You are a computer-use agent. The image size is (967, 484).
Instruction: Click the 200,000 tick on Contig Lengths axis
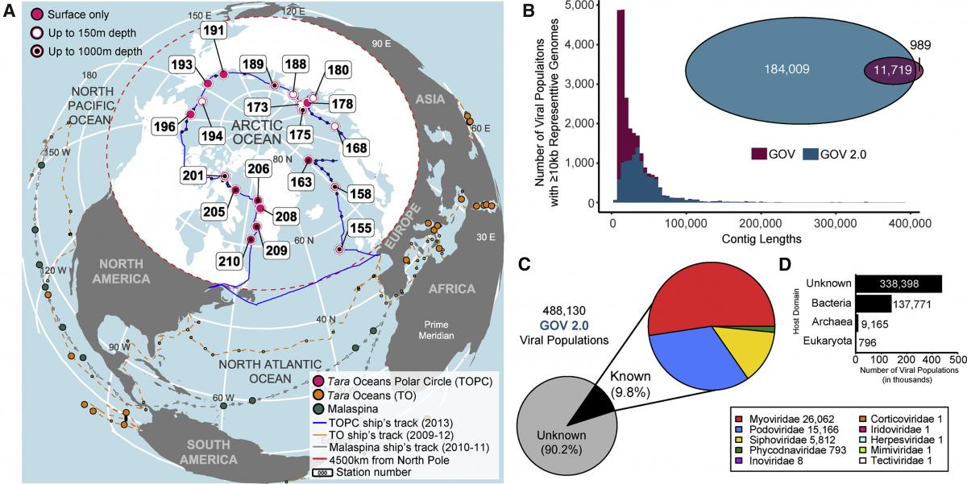761,222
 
